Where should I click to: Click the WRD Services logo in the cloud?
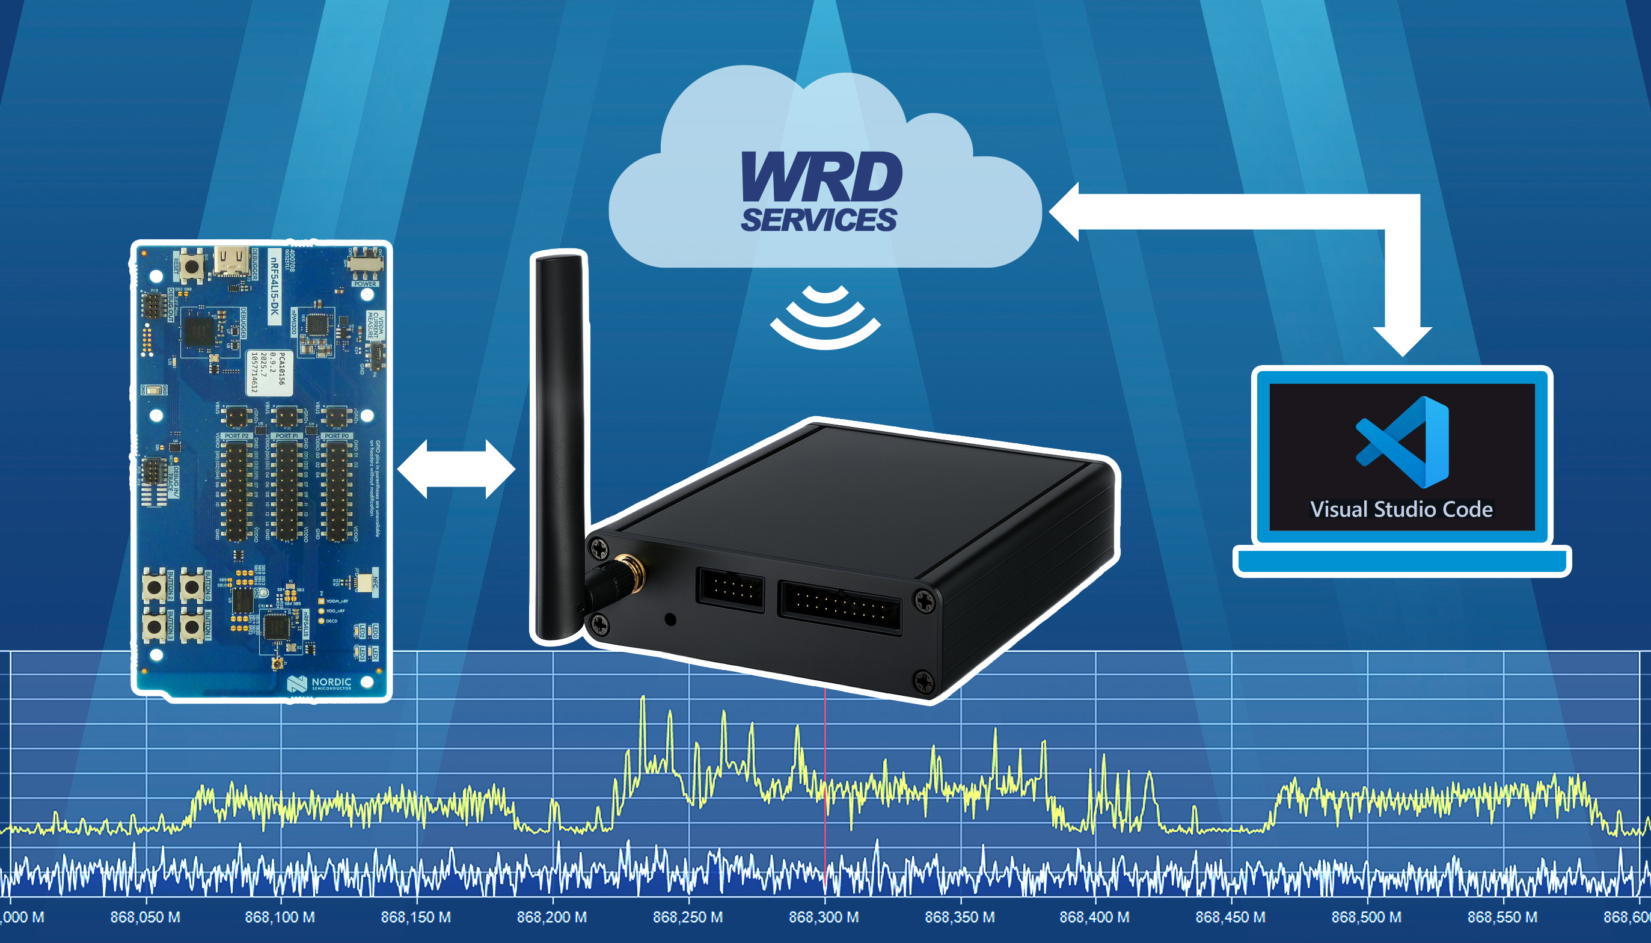[x=821, y=192]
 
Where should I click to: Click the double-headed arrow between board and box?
[x=456, y=469]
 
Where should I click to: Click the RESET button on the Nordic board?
[x=192, y=266]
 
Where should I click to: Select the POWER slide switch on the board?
[x=366, y=263]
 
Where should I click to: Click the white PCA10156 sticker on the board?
[x=269, y=373]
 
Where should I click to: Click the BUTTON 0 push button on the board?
[x=192, y=587]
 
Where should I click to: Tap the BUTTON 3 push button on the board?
[x=154, y=625]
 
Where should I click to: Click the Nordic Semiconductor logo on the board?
[x=320, y=683]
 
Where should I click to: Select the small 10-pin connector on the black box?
[x=731, y=589]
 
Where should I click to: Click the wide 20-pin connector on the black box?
[x=839, y=607]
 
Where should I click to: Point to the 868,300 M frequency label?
[x=824, y=917]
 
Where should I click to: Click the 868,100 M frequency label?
[x=280, y=917]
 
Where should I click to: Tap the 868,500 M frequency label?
[x=1366, y=917]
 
